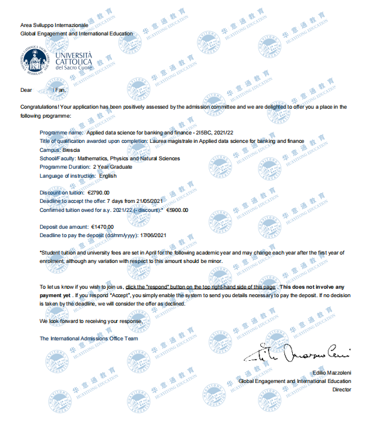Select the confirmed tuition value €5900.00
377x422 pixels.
177,210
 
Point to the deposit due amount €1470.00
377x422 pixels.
102,227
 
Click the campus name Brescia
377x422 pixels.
72,149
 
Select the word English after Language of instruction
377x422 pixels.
108,176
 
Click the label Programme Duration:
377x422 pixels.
64,167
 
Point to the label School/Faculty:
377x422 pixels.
58,158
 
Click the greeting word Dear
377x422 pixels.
26,90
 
